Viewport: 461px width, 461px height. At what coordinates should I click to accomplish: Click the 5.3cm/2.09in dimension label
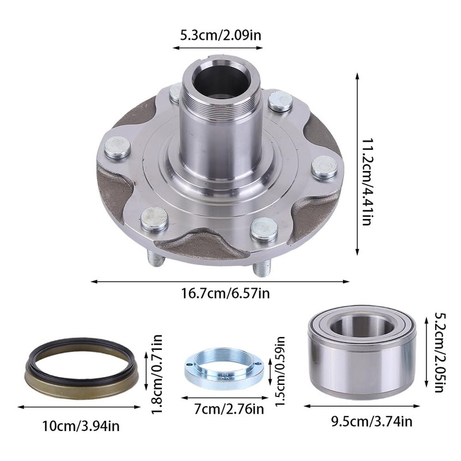pos(221,36)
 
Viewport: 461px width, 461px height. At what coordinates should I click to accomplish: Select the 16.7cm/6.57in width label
pos(225,293)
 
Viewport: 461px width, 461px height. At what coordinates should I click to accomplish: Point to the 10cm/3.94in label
pos(81,426)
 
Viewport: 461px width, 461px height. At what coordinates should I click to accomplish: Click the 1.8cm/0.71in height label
pos(157,374)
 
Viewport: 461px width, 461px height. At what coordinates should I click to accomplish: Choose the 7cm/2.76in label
pos(229,409)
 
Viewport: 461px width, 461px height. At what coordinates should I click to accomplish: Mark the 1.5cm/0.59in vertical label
pos(279,371)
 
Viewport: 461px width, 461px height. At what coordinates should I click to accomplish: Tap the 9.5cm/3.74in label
pos(372,422)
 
